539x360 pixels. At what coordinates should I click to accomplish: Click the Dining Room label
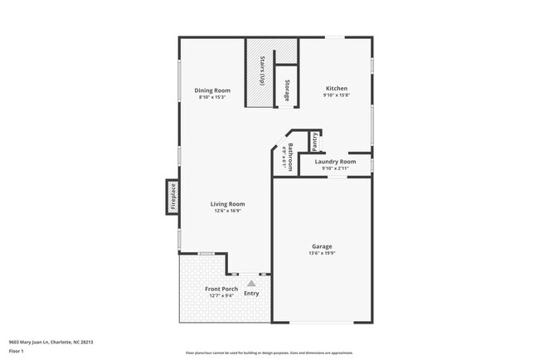pyautogui.click(x=212, y=90)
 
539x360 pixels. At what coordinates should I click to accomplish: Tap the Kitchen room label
pyautogui.click(x=336, y=88)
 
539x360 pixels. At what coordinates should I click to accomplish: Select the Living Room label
pyautogui.click(x=226, y=204)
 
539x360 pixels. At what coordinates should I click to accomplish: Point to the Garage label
pyautogui.click(x=322, y=246)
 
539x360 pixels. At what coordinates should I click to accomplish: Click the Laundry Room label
pyautogui.click(x=336, y=161)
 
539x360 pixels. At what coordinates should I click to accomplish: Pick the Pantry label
pyautogui.click(x=316, y=142)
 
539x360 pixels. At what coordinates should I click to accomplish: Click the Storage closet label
pyautogui.click(x=287, y=90)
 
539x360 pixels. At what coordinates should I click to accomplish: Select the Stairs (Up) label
pyautogui.click(x=262, y=71)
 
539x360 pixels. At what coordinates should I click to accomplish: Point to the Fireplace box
pyautogui.click(x=173, y=197)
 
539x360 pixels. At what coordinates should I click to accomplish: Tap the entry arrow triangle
pyautogui.click(x=251, y=283)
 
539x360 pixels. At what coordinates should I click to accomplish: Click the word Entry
pyautogui.click(x=251, y=294)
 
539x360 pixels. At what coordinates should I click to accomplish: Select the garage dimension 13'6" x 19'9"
pyautogui.click(x=322, y=253)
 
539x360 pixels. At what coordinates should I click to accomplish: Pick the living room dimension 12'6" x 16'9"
pyautogui.click(x=226, y=211)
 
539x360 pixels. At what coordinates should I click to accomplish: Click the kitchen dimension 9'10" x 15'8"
pyautogui.click(x=336, y=95)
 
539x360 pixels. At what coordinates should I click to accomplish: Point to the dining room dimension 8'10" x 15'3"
pyautogui.click(x=212, y=97)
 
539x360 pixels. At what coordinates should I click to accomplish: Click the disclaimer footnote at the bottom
pyautogui.click(x=269, y=353)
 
